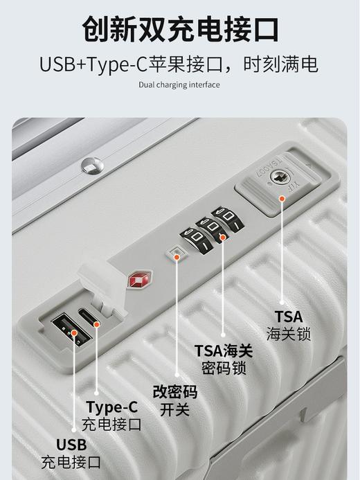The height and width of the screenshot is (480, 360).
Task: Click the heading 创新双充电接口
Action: (x=180, y=29)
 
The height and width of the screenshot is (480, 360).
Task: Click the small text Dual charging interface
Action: (x=179, y=85)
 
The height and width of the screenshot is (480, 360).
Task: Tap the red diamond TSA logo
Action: (x=136, y=282)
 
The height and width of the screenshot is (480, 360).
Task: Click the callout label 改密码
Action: (x=175, y=393)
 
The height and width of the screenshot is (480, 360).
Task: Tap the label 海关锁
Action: (x=288, y=335)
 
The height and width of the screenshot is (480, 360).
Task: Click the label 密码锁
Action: (x=224, y=368)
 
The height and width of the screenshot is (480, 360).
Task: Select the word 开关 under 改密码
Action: (x=175, y=409)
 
